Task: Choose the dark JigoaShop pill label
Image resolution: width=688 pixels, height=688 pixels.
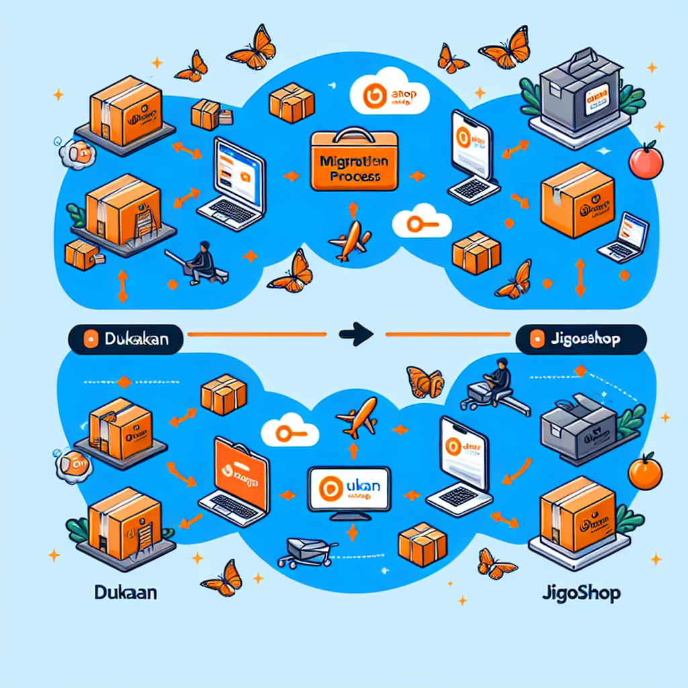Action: coord(580,339)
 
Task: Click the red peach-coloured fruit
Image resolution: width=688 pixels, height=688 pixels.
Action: coord(646,162)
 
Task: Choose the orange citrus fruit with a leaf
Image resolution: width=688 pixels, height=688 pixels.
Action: coord(645,472)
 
